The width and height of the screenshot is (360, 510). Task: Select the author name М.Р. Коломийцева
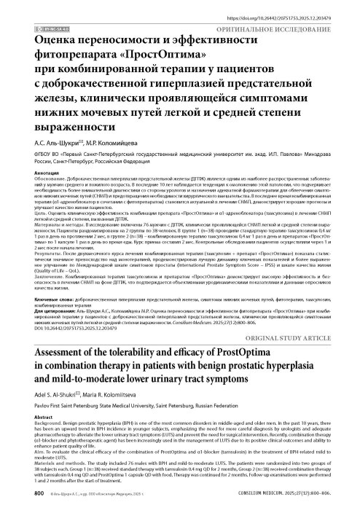115,143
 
